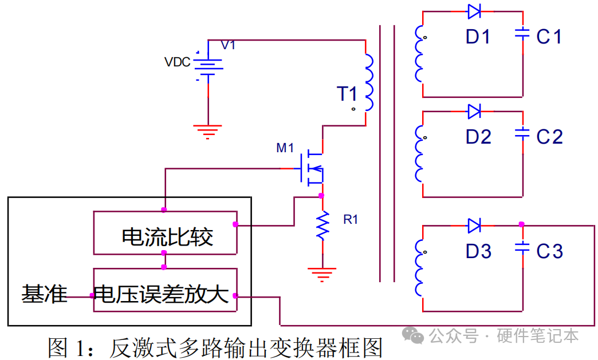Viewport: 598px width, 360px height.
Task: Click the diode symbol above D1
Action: click(x=474, y=11)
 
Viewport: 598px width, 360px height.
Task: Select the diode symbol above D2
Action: click(x=474, y=111)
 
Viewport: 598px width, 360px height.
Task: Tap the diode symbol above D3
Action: click(x=474, y=226)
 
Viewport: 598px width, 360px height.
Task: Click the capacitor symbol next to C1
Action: click(x=522, y=34)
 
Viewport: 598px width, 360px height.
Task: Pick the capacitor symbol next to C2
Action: click(x=522, y=133)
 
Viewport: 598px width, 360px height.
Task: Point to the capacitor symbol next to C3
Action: click(x=522, y=248)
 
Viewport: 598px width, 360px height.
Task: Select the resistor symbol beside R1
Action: click(x=322, y=226)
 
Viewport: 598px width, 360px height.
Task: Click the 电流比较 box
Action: click(x=166, y=233)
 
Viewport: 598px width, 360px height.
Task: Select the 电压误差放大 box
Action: click(x=166, y=290)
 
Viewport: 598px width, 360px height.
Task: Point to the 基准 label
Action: click(x=44, y=294)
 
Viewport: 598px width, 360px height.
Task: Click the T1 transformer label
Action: click(x=347, y=94)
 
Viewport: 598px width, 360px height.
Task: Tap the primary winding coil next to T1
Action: click(x=369, y=82)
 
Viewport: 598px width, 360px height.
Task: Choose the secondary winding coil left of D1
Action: click(x=419, y=54)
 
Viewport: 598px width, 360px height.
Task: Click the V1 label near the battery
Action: click(x=228, y=45)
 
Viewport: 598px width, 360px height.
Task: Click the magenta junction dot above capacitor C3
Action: click(x=522, y=224)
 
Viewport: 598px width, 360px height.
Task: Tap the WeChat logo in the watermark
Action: click(x=413, y=335)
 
